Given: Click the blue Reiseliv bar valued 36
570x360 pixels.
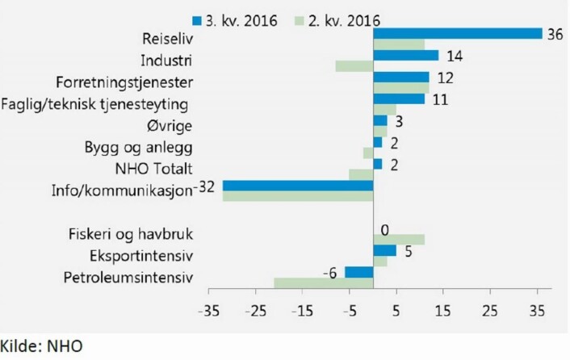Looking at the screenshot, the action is tap(458, 34).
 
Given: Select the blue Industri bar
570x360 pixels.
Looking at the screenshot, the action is tap(406, 55).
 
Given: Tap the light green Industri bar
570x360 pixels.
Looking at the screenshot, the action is tap(354, 66).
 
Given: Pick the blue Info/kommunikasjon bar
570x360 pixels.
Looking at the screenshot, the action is tap(298, 186).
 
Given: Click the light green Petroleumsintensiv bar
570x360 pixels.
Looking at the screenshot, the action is tap(324, 283).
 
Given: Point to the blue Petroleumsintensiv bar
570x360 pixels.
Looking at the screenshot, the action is tap(359, 272).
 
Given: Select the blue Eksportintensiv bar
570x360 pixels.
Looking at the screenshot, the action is tap(385, 250).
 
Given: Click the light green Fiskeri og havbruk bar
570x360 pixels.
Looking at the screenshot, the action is tap(399, 240).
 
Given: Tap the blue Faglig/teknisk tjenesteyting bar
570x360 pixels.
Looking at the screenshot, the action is tap(399, 98).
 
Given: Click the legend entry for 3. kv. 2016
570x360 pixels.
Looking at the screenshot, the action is tap(235, 21).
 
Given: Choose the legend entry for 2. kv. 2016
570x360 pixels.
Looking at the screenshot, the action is tap(337, 21).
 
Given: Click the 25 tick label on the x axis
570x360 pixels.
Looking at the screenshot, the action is tap(490, 311).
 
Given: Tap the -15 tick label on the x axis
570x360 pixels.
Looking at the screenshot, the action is tap(303, 311).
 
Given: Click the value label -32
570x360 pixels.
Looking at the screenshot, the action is tap(204, 187).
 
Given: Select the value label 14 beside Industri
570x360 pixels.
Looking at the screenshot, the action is tap(455, 57).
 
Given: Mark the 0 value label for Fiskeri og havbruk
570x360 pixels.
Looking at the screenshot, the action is tap(384, 230).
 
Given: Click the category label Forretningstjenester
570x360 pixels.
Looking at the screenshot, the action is tap(124, 82).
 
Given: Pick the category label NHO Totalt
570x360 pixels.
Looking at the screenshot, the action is tap(153, 169).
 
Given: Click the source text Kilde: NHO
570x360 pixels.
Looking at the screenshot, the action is tap(41, 346).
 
